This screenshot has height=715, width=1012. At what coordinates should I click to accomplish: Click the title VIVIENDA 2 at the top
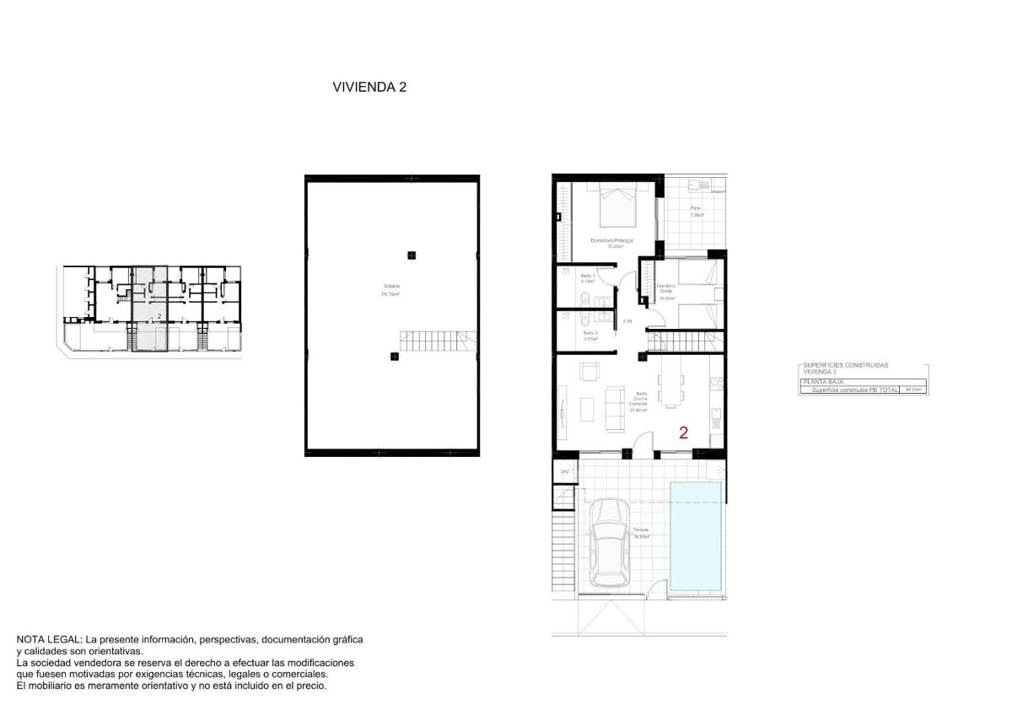click(369, 86)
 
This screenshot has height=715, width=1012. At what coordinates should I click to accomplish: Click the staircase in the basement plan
click(436, 341)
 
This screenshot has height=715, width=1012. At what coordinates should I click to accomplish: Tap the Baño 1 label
click(589, 277)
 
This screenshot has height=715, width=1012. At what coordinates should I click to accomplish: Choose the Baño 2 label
click(590, 333)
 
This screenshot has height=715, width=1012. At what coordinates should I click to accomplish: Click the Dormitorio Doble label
click(667, 290)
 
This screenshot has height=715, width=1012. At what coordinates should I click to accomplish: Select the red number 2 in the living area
click(683, 433)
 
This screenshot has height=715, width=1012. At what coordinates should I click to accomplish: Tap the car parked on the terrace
click(609, 543)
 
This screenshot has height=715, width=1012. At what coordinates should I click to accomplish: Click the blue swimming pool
click(696, 535)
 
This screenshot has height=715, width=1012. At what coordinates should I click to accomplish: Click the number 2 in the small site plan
click(159, 315)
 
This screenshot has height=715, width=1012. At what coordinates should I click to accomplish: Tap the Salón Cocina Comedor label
click(638, 399)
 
